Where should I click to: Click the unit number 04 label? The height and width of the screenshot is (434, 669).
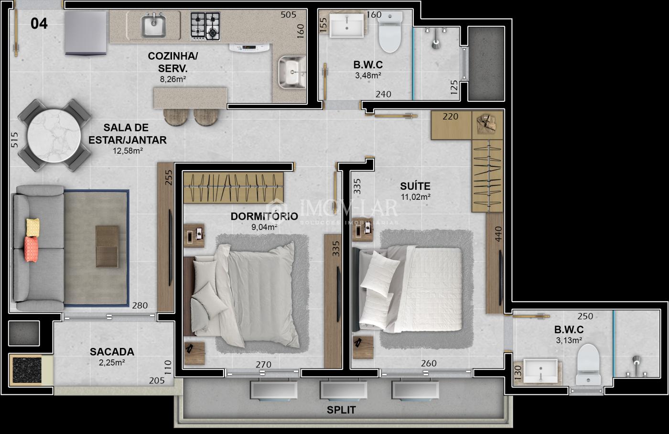(39, 23)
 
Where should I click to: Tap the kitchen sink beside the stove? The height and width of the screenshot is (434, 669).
(153, 26)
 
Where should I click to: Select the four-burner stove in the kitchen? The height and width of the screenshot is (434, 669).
(205, 26)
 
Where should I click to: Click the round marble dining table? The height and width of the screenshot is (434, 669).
(54, 136)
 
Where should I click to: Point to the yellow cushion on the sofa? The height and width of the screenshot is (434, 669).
(32, 228)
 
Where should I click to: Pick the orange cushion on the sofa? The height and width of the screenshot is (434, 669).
(31, 249)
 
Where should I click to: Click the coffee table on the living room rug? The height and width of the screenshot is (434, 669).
(107, 247)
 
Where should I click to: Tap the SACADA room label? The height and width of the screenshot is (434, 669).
(112, 352)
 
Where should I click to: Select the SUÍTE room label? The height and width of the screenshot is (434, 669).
(415, 186)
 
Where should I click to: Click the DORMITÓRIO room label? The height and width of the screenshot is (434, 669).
(264, 216)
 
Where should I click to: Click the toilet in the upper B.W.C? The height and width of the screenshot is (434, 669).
(390, 32)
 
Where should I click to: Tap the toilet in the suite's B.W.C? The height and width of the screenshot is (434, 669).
(588, 364)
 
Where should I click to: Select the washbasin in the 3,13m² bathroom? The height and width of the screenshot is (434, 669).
(540, 371)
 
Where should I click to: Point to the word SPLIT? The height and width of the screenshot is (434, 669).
(341, 410)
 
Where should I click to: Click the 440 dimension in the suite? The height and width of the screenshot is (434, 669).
(498, 234)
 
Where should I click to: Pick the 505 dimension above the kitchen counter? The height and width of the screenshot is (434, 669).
(288, 15)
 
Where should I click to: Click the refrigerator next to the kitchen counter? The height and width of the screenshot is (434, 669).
(86, 33)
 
